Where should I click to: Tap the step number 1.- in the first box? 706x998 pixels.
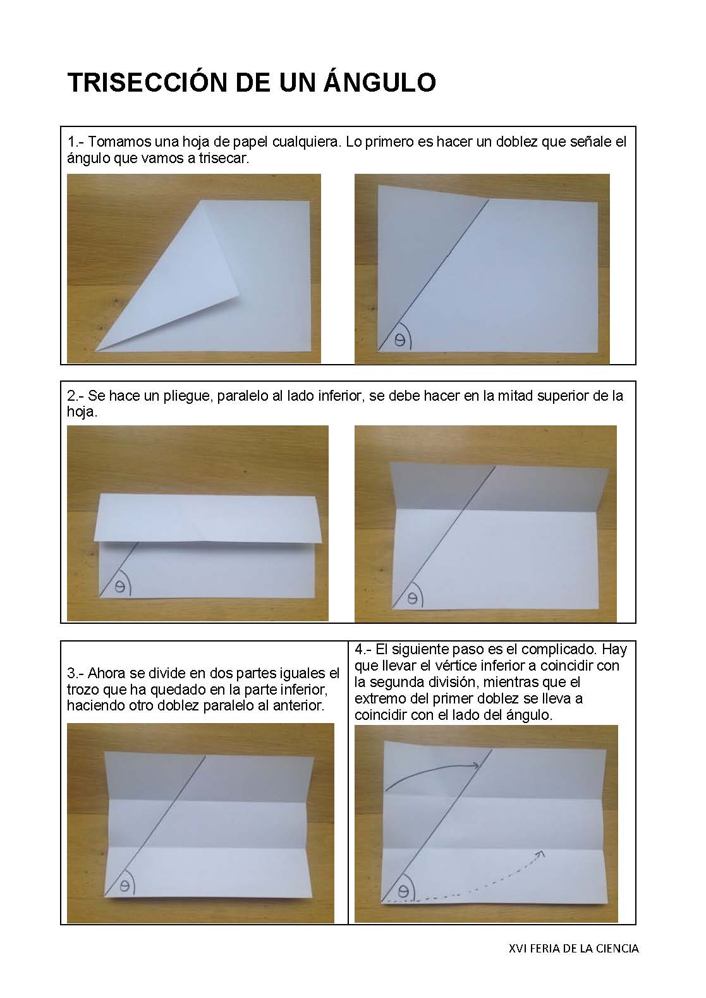(76, 142)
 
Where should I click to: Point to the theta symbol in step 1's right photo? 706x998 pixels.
(399, 340)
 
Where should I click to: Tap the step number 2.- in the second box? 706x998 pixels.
(76, 396)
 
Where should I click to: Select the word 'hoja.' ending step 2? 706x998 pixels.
(82, 412)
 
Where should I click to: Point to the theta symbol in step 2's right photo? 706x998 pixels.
(412, 597)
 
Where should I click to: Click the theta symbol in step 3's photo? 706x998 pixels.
(125, 886)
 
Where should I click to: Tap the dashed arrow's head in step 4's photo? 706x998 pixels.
(540, 855)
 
